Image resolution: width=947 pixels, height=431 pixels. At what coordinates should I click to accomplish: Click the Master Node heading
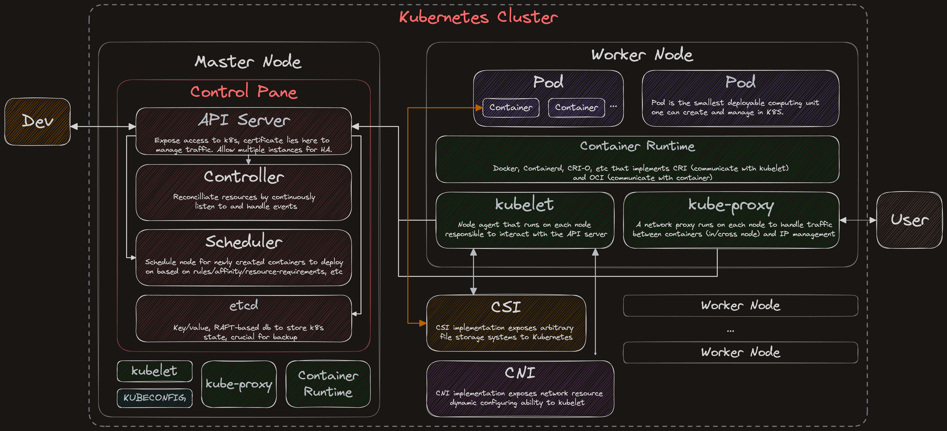248,61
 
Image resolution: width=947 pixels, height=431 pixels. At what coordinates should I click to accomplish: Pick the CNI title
520,373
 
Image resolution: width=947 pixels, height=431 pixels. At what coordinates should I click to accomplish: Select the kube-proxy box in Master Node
239,384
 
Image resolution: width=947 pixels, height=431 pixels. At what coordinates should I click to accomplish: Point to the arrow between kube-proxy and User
858,220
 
